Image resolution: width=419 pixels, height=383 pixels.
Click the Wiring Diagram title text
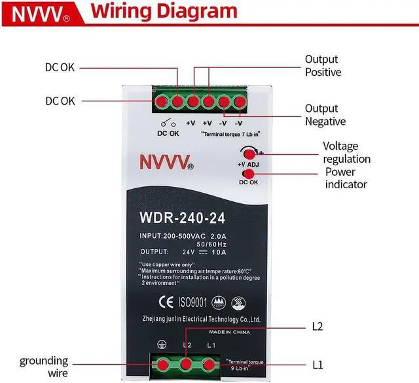(x=163, y=12)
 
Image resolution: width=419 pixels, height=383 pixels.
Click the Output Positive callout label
(x=323, y=65)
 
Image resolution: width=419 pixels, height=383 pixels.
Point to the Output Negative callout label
(x=325, y=115)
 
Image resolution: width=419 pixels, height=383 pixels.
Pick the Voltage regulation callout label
(x=346, y=152)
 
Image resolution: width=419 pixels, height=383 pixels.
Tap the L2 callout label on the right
(x=318, y=326)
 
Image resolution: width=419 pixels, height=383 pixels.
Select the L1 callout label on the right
(x=317, y=363)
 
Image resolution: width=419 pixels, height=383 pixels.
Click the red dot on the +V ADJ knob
(x=249, y=152)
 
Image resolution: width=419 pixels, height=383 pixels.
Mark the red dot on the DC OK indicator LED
(x=248, y=174)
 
